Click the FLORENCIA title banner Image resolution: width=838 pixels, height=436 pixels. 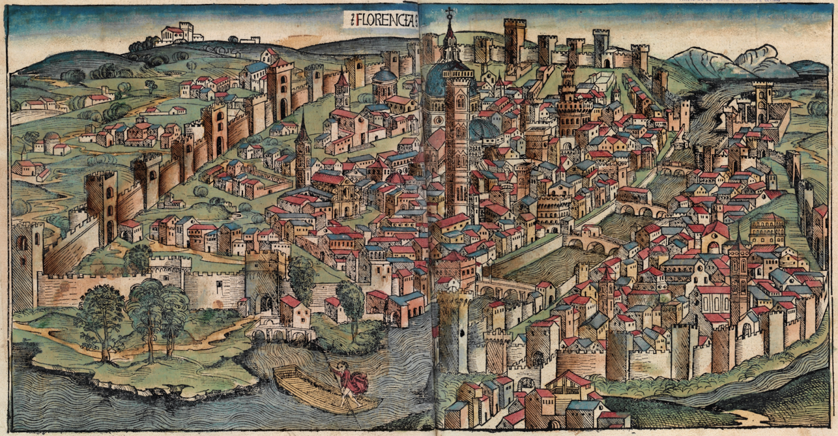pos(382,20)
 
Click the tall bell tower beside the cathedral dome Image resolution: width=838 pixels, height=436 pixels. pos(457,141)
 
